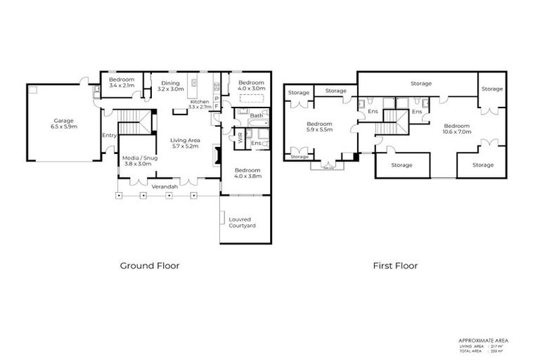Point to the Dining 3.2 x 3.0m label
pos(169,86)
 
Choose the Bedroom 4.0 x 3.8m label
pos(247,174)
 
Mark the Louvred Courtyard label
pos(242,222)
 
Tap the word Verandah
pos(165,186)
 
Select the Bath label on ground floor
pos(257,115)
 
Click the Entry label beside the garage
pos(109,135)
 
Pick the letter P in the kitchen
pos(217,98)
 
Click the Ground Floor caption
pos(149,266)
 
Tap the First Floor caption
pos(395,266)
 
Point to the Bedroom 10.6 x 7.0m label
pos(457,129)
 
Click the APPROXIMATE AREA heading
pos(482,340)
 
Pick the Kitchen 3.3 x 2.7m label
pos(200,105)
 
